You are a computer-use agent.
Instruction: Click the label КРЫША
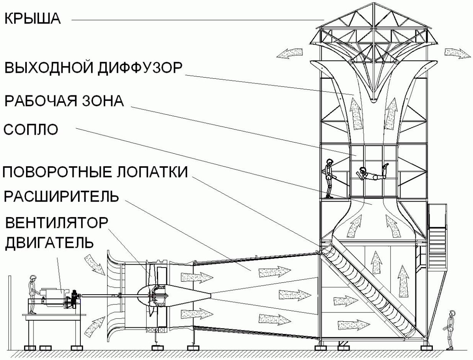click(x=32, y=19)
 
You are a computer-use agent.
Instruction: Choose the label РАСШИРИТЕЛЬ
click(x=61, y=196)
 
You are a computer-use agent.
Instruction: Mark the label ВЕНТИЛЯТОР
click(x=56, y=223)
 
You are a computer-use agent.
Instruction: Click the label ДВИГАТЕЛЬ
click(x=49, y=242)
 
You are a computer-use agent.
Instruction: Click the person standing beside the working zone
click(x=329, y=178)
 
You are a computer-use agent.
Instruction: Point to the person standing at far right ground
click(x=450, y=329)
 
